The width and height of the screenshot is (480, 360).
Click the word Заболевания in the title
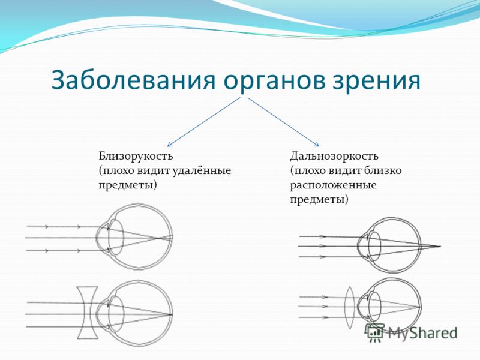[133, 80]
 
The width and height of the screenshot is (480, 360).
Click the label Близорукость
[136, 157]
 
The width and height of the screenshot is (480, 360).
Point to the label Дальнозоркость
[334, 157]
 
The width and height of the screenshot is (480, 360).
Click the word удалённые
[202, 170]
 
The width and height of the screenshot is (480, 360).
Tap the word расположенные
[334, 186]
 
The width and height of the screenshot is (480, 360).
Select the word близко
[383, 170]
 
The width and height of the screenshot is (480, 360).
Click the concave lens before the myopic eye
[88, 312]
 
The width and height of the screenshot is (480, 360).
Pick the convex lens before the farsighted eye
[350, 307]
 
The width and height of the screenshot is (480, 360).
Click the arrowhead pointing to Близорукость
[169, 145]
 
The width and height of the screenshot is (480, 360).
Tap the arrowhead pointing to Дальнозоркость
[317, 145]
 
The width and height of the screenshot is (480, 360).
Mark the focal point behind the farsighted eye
[440, 246]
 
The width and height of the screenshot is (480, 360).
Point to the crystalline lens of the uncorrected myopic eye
[116, 237]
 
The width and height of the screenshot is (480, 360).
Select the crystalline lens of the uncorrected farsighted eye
[374, 246]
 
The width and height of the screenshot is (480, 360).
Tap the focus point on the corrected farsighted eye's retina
[419, 307]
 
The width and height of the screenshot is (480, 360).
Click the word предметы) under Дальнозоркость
[319, 200]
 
